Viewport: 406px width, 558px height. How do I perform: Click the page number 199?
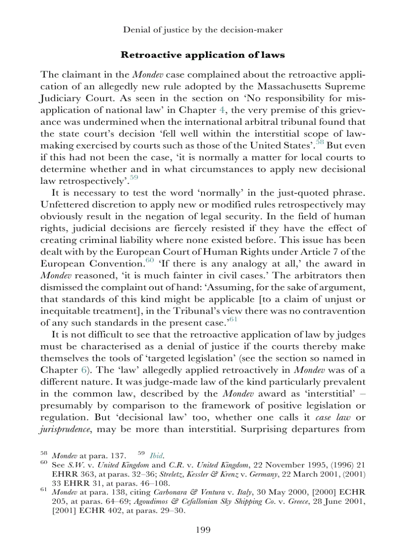tap(203, 530)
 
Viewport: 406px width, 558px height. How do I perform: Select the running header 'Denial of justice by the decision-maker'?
tap(203, 30)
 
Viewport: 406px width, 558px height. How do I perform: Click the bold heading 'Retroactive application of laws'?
tap(203, 54)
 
